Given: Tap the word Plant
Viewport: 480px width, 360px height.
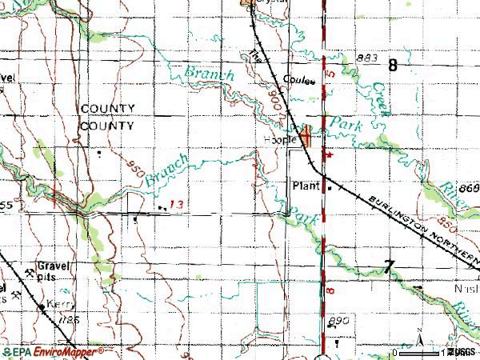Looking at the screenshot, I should click(306, 186).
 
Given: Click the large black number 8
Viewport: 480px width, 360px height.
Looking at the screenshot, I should click(393, 66).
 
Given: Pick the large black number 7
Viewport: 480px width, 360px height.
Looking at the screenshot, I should click(390, 268).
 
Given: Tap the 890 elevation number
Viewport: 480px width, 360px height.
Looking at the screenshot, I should click(338, 321).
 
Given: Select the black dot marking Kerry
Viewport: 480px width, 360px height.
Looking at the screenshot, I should click(41, 306).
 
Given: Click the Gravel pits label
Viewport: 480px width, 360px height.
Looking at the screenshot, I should click(53, 271).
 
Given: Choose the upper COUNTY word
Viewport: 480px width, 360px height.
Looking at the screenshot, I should click(106, 110).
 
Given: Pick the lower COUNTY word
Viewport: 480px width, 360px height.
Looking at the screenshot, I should click(106, 126).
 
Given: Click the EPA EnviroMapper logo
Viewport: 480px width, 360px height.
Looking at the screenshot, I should click(53, 351).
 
